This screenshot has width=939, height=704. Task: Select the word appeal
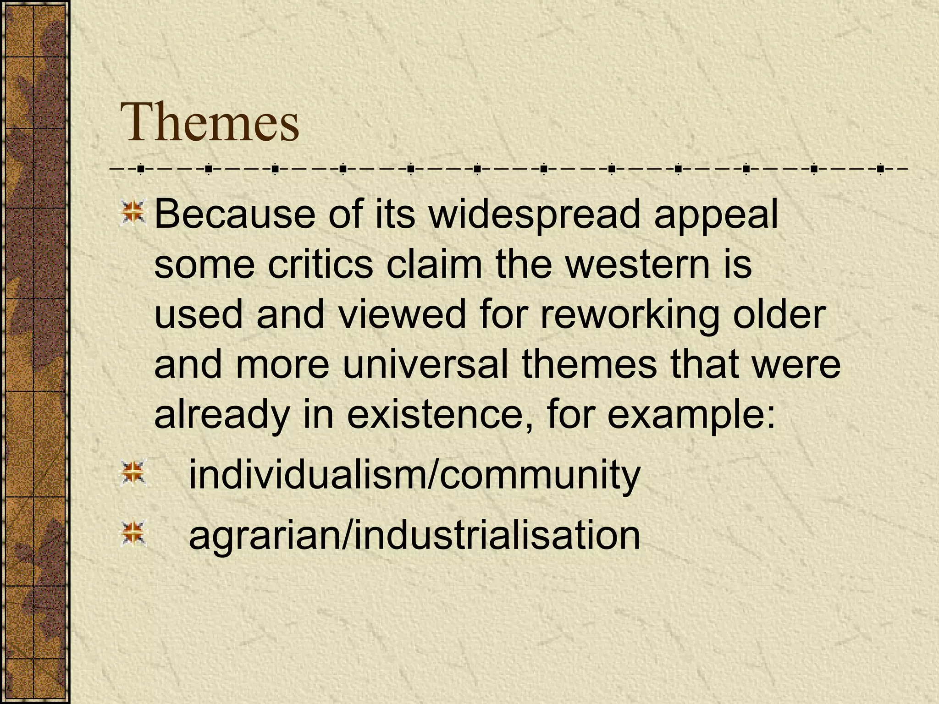(716, 215)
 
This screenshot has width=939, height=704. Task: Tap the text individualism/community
(414, 475)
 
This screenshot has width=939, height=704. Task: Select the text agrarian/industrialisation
(414, 535)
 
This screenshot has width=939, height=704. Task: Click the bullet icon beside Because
(133, 214)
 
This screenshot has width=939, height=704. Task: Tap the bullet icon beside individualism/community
(133, 474)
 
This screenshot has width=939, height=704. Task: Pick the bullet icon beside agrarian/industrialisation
(133, 533)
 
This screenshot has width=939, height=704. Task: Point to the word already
(222, 415)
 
